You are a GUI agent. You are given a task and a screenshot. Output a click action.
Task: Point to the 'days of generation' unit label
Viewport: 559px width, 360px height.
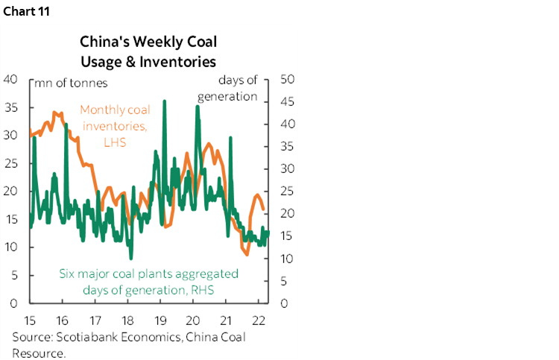pyautogui.click(x=237, y=89)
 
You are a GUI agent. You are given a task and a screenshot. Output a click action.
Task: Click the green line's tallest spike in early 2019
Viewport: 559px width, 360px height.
pyautogui.click(x=164, y=101)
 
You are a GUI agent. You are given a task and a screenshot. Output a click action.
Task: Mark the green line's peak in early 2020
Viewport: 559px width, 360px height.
pyautogui.click(x=197, y=106)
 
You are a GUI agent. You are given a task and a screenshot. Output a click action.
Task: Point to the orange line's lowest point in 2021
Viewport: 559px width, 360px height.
pyautogui.click(x=247, y=254)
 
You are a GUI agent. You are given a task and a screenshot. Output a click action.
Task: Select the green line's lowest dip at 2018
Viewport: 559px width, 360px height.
pyautogui.click(x=130, y=258)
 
